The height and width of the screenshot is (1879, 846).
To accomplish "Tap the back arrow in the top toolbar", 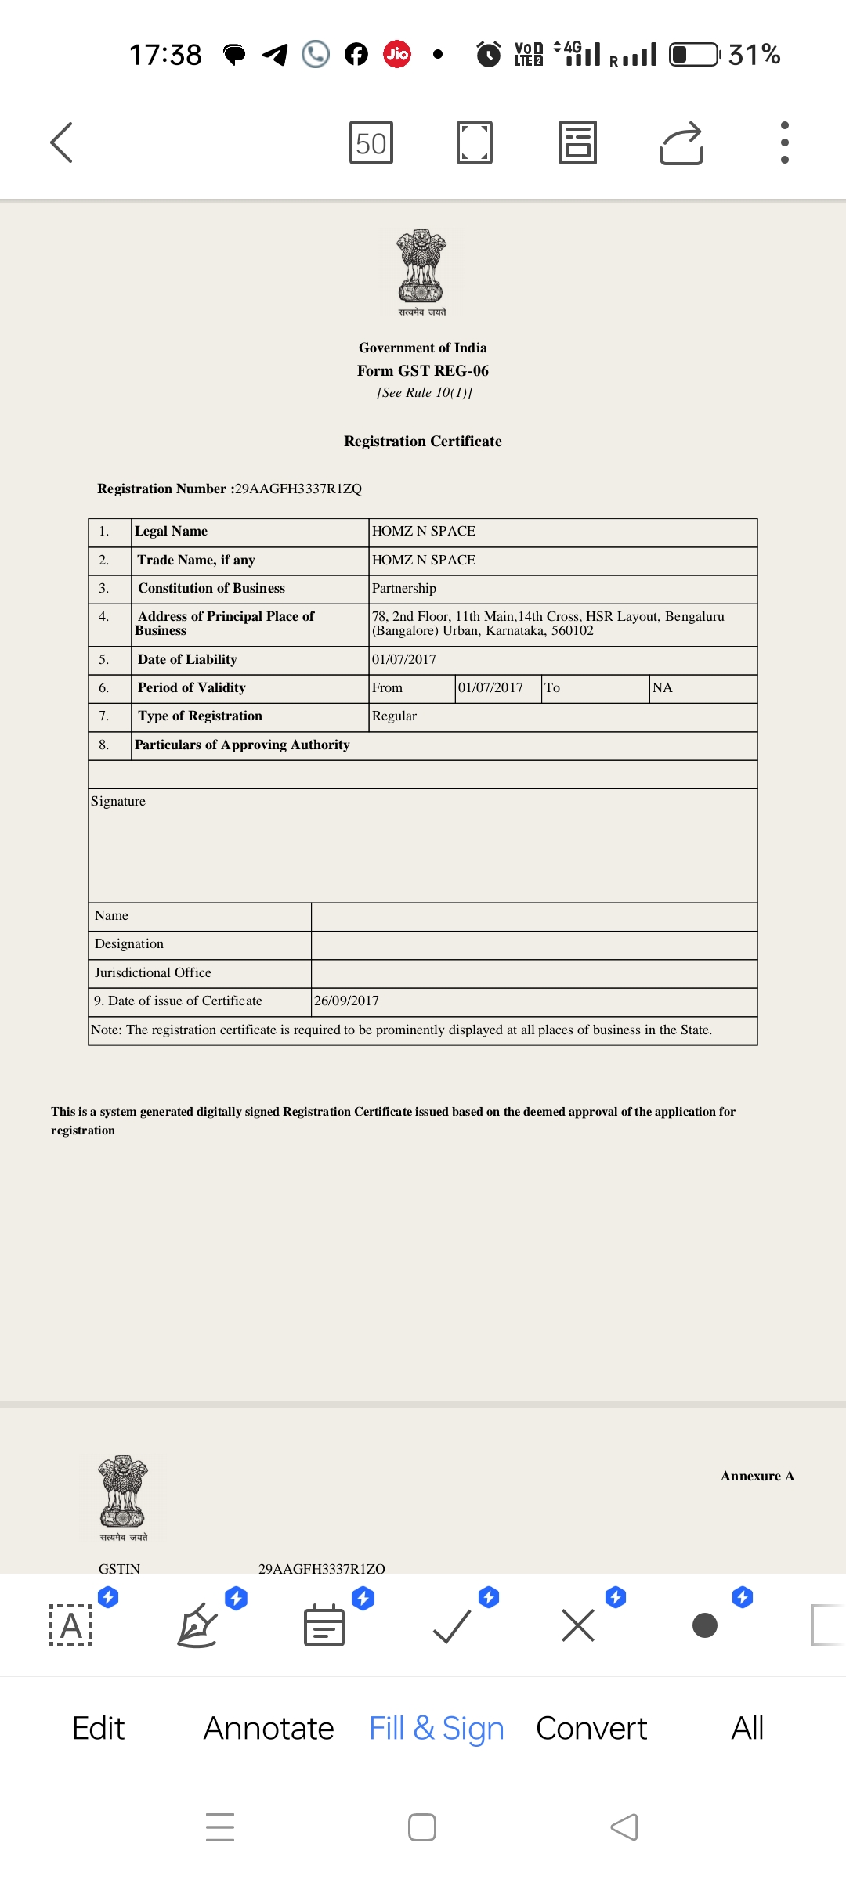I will pos(61,142).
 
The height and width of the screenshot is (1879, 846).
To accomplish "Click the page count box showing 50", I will pos(371,143).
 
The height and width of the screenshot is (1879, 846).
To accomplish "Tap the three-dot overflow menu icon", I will pos(784,142).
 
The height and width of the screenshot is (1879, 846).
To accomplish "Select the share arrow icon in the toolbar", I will pos(681,143).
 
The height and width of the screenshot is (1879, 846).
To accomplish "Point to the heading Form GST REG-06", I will pos(423,371).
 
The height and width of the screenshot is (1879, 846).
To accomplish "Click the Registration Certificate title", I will pos(423,442).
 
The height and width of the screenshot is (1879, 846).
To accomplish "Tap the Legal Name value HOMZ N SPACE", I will pos(424,532).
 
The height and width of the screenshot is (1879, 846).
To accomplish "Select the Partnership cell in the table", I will pos(404,589).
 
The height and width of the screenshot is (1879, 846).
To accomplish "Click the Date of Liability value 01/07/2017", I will pos(404,660).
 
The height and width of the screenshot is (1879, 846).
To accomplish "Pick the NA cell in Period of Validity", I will pos(663,688).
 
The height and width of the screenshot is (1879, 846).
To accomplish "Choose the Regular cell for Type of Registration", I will pos(395,716).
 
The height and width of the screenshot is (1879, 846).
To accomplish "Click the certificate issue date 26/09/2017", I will pos(347,1001).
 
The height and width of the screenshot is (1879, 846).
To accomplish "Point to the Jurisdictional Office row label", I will pos(154,973).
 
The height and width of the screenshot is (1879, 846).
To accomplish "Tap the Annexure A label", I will pos(757,1477).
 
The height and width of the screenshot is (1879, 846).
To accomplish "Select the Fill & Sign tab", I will pos(436,1729).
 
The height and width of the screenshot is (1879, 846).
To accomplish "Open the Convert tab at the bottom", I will pos(591,1729).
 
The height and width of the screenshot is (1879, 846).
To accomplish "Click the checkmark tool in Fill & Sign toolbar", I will pos(452,1626).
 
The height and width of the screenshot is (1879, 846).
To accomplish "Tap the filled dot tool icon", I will pos(705,1626).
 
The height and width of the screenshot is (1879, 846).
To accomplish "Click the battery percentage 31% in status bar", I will pos(754,55).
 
